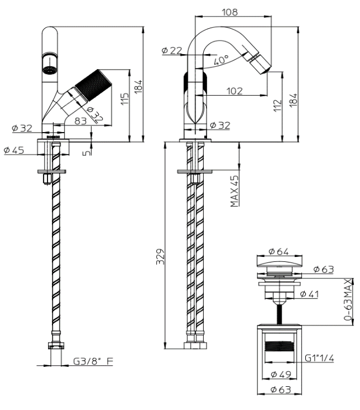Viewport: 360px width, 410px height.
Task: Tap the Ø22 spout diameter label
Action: (x=172, y=51)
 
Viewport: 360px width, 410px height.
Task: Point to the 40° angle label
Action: (x=219, y=60)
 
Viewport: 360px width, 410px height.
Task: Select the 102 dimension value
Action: (x=234, y=91)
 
